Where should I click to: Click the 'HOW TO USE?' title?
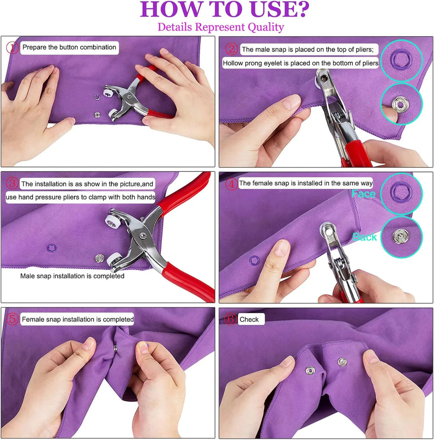tap(224, 9)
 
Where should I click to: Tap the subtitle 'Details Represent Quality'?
tap(221, 27)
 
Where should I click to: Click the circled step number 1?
tap(13, 48)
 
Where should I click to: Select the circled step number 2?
tap(232, 49)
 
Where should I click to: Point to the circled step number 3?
tap(13, 183)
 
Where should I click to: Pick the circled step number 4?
tap(232, 184)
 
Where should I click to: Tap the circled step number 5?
tap(13, 319)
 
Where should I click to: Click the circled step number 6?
tap(231, 319)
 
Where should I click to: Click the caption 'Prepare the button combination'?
tap(69, 47)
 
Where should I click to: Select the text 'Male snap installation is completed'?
tap(72, 276)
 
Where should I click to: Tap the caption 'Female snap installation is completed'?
tap(77, 319)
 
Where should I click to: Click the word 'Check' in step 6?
tap(249, 319)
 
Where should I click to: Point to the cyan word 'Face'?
tap(363, 194)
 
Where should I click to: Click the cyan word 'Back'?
tap(365, 237)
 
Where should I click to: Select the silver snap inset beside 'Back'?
tap(401, 237)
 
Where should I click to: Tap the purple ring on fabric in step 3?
tap(51, 248)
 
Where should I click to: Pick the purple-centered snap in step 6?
tap(311, 370)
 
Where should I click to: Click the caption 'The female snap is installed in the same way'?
tap(306, 183)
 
